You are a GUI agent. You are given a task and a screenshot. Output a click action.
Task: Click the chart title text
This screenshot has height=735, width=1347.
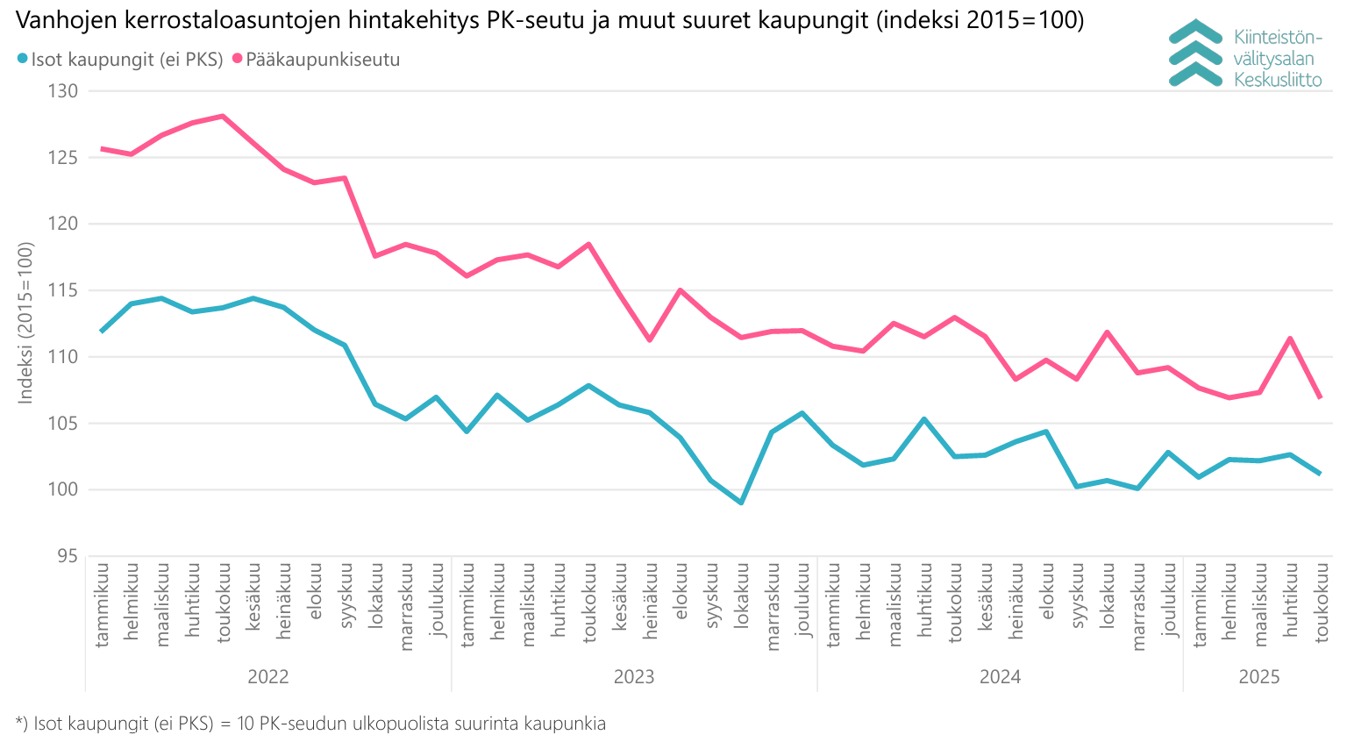[x=550, y=20]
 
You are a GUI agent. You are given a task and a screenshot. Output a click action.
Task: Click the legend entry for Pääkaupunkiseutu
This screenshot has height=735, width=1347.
[x=323, y=60]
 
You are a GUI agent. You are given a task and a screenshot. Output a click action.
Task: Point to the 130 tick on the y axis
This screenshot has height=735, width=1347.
[x=62, y=91]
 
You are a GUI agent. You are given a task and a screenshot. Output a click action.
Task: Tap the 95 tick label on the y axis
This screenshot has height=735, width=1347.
[x=68, y=556]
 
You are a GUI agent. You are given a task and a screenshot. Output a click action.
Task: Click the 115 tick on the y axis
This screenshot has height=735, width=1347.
[x=62, y=290]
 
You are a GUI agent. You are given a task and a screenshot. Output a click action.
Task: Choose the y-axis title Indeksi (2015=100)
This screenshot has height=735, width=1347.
[x=25, y=323]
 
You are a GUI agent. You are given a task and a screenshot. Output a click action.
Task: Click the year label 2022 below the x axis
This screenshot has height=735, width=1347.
[x=268, y=676]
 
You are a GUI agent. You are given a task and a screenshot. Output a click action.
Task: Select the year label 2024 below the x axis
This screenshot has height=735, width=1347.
[x=1000, y=676]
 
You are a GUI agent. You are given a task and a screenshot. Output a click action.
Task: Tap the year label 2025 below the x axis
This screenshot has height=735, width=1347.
[x=1259, y=676]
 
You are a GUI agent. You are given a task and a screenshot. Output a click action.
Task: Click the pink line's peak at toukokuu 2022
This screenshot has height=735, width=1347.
[x=223, y=116]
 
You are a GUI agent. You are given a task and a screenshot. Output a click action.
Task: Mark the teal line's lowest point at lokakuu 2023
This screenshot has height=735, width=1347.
[x=741, y=503]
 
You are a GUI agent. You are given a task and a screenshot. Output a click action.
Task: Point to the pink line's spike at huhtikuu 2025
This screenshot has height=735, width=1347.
[x=1290, y=339]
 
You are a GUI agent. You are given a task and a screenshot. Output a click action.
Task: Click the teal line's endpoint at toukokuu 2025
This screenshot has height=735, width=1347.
[x=1320, y=474]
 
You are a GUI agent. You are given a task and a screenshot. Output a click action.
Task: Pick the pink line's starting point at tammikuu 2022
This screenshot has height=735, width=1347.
[x=102, y=149]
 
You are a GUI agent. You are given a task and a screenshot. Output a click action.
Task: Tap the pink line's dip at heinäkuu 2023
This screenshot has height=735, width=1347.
[x=650, y=339]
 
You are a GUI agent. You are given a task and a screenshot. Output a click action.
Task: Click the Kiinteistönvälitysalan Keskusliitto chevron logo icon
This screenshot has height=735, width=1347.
[x=1195, y=54]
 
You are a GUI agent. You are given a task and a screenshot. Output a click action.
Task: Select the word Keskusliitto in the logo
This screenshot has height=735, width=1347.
[x=1277, y=80]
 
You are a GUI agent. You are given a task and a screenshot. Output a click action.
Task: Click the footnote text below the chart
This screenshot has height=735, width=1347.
[x=310, y=724]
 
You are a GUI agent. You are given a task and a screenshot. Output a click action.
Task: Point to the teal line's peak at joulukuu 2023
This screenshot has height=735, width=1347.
[x=802, y=413]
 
